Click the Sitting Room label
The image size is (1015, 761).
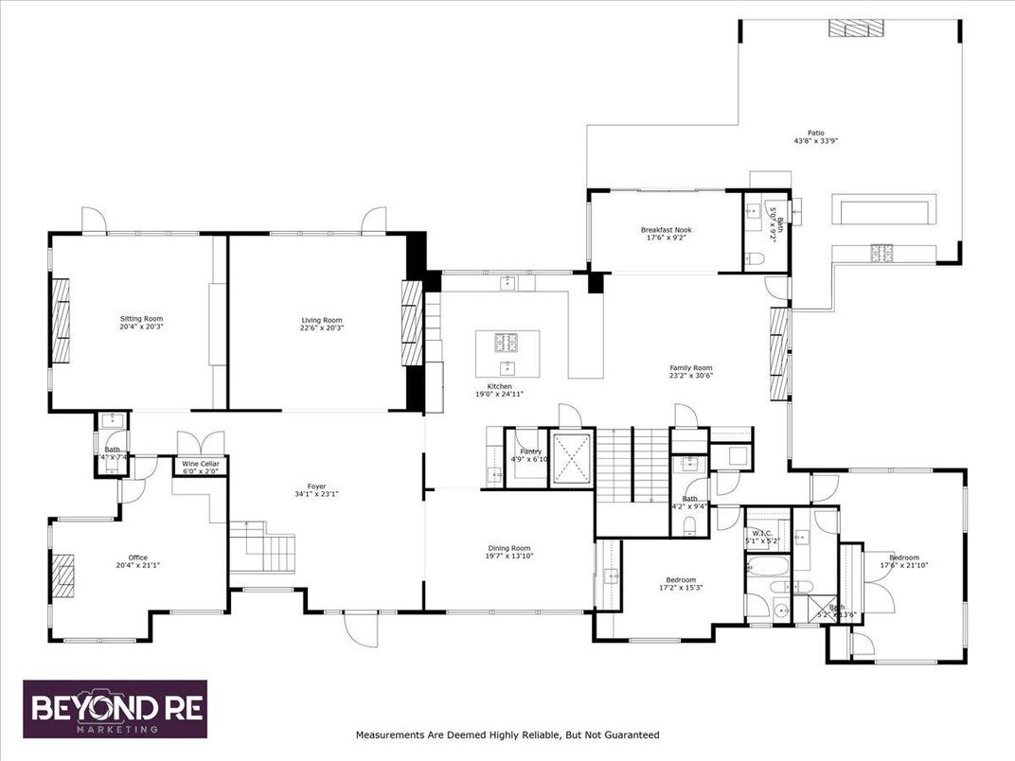click(x=141, y=319)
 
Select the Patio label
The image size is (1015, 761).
click(x=815, y=133)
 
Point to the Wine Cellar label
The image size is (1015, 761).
click(x=199, y=463)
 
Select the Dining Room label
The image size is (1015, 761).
click(x=508, y=547)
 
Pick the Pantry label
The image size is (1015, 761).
click(x=530, y=451)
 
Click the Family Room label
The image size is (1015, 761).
click(x=690, y=367)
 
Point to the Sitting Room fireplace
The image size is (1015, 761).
click(x=61, y=320)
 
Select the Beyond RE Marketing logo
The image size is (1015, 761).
click(x=115, y=709)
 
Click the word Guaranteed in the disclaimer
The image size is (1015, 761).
click(x=629, y=734)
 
